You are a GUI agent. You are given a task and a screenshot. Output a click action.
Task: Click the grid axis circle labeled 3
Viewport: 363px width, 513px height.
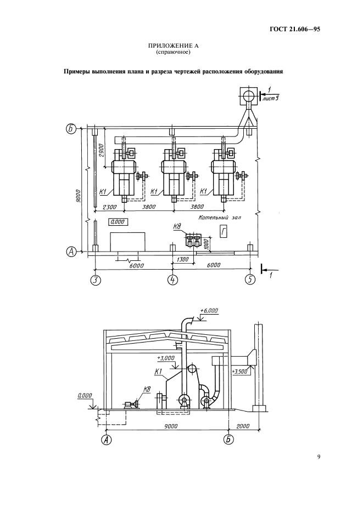point(95,280)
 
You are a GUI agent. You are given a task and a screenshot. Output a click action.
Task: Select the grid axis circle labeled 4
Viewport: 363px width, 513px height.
point(172,280)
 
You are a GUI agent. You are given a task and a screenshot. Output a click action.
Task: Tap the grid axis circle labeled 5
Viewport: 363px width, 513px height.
point(250,280)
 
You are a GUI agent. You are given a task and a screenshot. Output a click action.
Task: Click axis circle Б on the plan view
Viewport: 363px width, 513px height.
point(70,128)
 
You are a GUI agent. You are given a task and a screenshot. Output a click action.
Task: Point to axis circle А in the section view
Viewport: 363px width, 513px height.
point(106,440)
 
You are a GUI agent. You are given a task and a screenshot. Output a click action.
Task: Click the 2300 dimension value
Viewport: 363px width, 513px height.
point(109,207)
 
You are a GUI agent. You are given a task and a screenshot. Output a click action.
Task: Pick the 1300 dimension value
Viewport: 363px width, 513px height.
point(182,259)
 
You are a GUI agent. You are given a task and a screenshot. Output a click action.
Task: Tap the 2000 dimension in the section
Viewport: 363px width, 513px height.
point(243,426)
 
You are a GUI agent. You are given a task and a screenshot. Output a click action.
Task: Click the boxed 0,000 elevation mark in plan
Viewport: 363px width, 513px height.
point(118,222)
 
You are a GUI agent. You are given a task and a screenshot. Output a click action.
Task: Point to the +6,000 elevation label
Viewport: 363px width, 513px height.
point(209,311)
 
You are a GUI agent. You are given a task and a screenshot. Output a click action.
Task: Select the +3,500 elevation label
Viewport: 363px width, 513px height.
point(239,372)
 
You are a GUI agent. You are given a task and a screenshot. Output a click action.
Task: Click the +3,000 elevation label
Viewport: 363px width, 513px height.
point(166,358)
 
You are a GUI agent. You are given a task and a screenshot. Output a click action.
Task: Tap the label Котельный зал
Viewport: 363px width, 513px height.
point(220,218)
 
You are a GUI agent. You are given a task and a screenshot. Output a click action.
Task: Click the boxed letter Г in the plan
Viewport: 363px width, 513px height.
point(224,232)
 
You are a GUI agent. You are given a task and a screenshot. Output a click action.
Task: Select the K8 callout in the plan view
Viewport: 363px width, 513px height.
point(177,226)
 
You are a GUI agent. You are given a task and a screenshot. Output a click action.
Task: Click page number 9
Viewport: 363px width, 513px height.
point(319,457)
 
